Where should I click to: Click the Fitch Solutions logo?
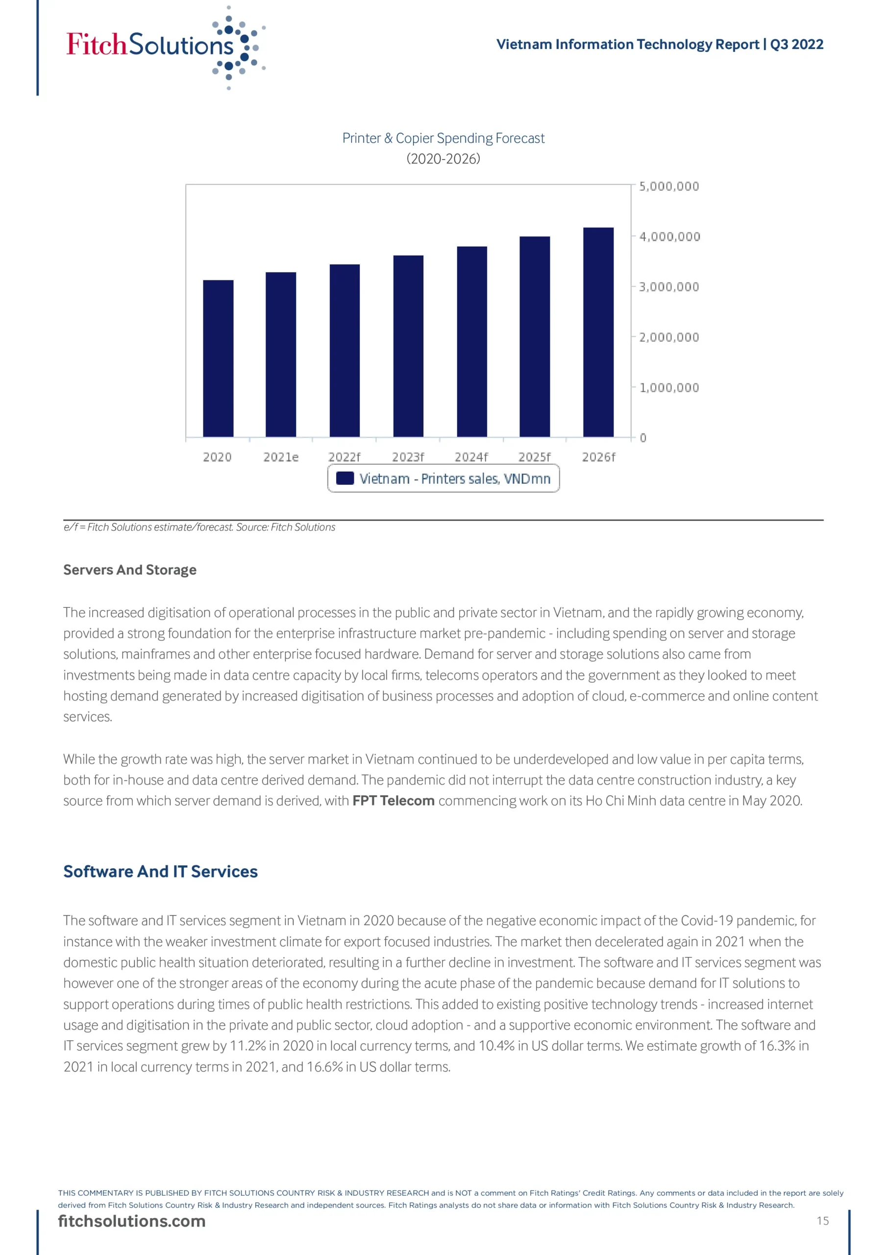click(x=164, y=46)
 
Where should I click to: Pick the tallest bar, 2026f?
click(x=598, y=332)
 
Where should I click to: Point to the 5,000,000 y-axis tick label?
click(x=669, y=186)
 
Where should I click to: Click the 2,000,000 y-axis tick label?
click(x=669, y=337)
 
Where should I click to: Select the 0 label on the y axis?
click(x=643, y=438)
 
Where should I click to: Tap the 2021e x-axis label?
click(x=281, y=457)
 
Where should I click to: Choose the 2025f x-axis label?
click(x=535, y=457)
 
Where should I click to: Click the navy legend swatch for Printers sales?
click(x=345, y=478)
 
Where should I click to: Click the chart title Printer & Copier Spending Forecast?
click(x=443, y=138)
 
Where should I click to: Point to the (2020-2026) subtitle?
click(x=443, y=158)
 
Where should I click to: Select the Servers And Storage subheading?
click(x=129, y=570)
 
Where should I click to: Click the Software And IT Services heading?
click(x=160, y=871)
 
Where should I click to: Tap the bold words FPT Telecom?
click(x=394, y=801)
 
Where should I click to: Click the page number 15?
click(x=822, y=1221)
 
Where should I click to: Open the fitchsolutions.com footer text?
click(x=132, y=1221)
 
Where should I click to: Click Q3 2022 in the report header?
click(x=796, y=44)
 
